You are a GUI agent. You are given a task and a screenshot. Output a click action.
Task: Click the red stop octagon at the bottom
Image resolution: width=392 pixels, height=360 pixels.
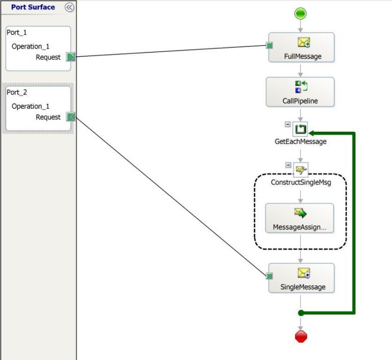coord(301,336)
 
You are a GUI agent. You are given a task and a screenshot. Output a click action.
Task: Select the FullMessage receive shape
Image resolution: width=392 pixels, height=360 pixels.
coord(301,47)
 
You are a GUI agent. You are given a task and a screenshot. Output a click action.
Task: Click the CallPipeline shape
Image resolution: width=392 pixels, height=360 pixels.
coord(300,92)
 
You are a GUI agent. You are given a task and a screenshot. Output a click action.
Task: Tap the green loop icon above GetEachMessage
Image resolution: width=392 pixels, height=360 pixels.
coord(301,130)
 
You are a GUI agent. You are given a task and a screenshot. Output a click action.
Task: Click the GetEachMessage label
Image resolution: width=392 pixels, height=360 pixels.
coord(301,141)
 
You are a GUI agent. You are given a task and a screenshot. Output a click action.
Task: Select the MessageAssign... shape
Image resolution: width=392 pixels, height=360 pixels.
coord(300,218)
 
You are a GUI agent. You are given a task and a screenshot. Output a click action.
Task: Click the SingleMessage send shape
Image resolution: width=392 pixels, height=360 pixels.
coord(301,278)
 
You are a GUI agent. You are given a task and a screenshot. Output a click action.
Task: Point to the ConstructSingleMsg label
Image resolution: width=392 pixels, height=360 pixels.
coord(301,182)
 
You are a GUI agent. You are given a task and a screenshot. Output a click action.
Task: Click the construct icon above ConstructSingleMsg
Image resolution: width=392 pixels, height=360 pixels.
coord(301,170)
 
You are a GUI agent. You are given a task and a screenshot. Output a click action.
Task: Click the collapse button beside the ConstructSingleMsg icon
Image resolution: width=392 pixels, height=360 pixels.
coord(288,165)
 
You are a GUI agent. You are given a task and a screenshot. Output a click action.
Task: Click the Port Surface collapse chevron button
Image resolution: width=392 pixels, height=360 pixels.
coord(69,7)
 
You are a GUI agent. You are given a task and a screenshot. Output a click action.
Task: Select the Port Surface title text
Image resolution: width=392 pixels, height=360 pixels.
coord(33,7)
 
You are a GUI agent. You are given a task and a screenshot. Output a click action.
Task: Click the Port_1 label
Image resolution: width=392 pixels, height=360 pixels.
coord(17,32)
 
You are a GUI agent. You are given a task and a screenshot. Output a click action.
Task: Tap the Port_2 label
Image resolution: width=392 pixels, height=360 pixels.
coord(17,92)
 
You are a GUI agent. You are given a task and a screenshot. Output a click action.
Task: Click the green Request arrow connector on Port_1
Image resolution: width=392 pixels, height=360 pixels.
coord(71,57)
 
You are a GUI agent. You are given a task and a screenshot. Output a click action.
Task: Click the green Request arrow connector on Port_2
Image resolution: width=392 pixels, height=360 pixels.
coord(71,117)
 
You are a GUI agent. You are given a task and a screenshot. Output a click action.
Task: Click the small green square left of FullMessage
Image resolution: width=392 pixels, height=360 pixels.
coord(269,46)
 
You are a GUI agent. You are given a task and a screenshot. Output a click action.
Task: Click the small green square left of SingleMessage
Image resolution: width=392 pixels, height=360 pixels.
coord(269,276)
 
